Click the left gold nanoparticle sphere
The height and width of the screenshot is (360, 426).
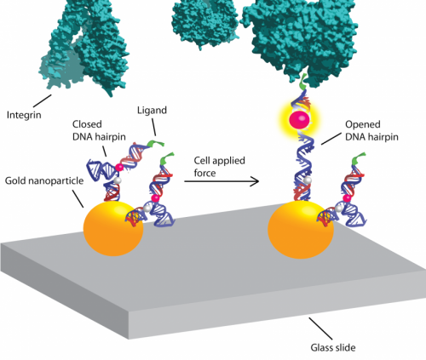(112, 231)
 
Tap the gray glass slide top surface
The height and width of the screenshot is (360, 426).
(213, 264)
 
